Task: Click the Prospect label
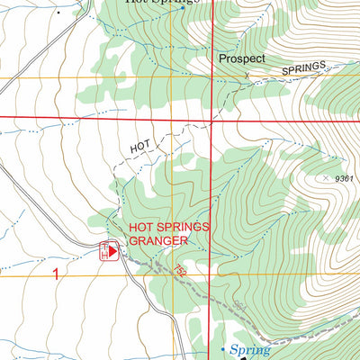coord(242,58)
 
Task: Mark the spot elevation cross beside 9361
coord(325,177)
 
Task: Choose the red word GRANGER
coord(158,241)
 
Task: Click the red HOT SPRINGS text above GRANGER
coord(169,229)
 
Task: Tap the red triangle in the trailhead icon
coord(113,255)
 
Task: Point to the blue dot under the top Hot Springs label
coord(183,8)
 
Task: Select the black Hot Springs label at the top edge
coord(162,2)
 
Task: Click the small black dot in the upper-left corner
coord(59,13)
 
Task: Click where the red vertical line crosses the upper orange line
coord(211,79)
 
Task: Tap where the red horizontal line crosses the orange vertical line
coord(171,118)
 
